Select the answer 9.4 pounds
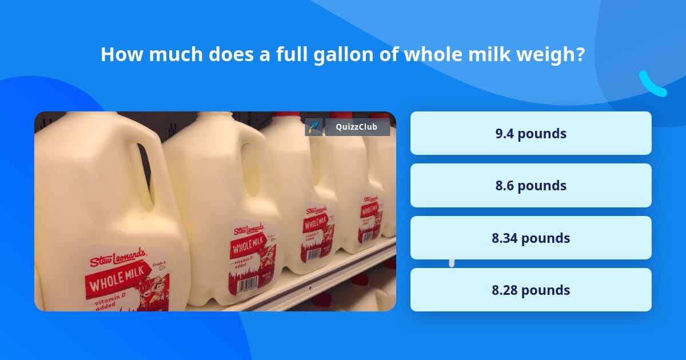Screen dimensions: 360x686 531,133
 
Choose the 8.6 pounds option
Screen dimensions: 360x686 531,185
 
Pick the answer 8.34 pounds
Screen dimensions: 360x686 531,238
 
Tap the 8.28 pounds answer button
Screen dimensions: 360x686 531,290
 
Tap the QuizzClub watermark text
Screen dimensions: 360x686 357,127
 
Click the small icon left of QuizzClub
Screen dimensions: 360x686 314,127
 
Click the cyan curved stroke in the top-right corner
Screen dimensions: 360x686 652,84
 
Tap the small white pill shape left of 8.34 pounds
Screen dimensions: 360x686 452,263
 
